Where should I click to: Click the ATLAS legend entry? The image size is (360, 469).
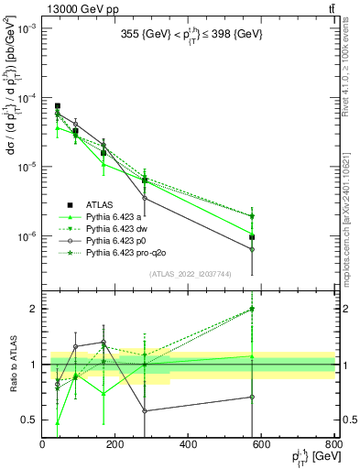click(100, 204)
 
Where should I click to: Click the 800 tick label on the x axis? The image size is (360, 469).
click(333, 445)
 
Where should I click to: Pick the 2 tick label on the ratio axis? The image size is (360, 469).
click(35, 309)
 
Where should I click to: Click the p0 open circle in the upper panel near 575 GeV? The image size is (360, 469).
click(252, 249)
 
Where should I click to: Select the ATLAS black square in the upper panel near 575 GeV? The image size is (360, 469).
click(252, 237)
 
